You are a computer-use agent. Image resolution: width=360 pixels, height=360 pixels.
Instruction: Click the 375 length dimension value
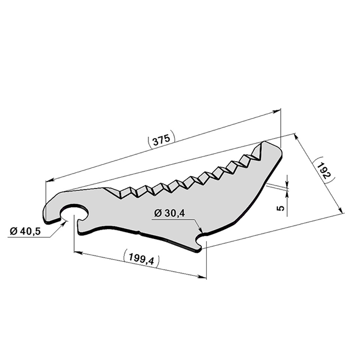tap(161, 140)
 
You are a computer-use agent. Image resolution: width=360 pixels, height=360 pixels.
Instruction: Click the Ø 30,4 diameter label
tap(169, 214)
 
